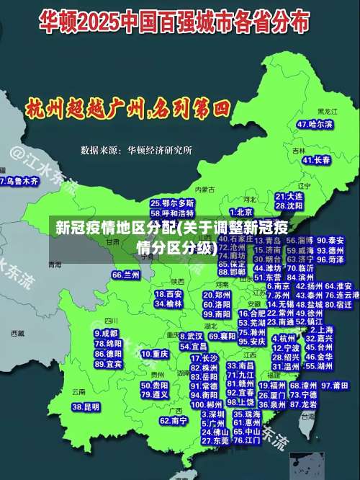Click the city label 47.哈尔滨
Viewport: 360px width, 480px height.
(315, 124)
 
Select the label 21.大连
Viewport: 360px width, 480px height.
(289, 196)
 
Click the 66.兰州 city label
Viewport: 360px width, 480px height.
(126, 275)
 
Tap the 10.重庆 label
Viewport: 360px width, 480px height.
(155, 354)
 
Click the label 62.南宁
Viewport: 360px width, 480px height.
(174, 419)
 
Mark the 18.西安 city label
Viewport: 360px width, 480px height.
(168, 294)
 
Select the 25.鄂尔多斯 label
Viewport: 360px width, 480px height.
(172, 204)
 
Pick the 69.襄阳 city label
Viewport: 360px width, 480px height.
(222, 336)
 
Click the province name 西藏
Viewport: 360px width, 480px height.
(20, 334)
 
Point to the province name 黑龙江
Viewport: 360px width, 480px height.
(328, 112)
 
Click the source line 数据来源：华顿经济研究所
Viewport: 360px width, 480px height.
(136, 151)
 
